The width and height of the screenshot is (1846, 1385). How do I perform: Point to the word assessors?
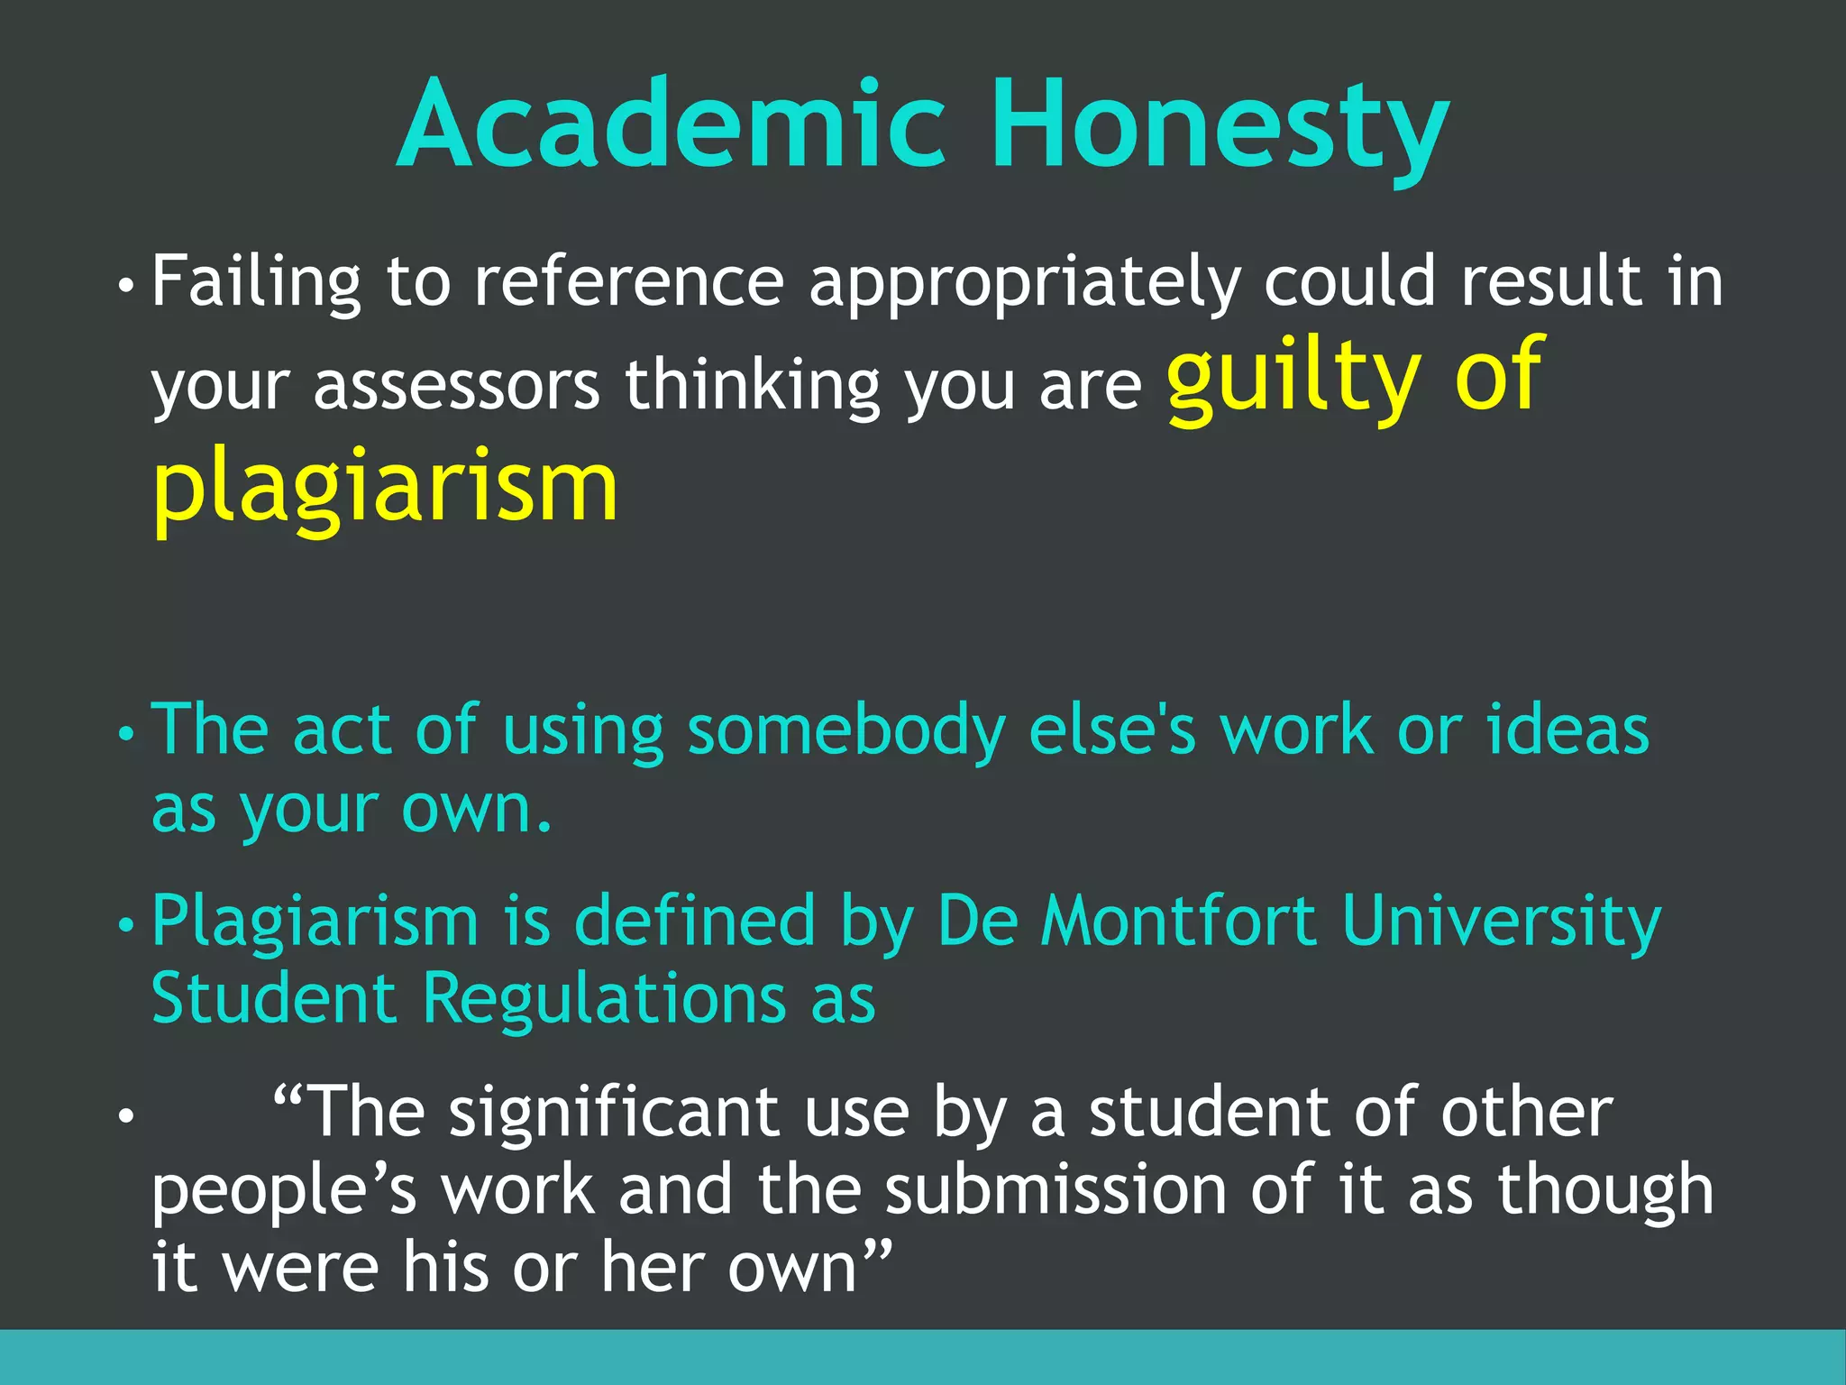coord(456,386)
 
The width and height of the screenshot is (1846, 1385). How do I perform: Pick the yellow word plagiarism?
coord(385,487)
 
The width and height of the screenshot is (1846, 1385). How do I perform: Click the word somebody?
coord(845,730)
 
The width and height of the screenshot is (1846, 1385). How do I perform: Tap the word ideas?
coord(1567,730)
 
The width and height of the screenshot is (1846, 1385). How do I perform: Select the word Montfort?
coord(1179,922)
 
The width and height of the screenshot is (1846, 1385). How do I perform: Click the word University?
coord(1501,922)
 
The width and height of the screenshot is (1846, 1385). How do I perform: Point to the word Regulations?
coord(604,999)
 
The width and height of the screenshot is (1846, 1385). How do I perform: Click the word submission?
coord(1055,1190)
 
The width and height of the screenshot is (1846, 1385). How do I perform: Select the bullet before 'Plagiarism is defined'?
coord(125,925)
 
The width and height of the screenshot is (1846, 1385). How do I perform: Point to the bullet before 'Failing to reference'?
coord(125,287)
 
